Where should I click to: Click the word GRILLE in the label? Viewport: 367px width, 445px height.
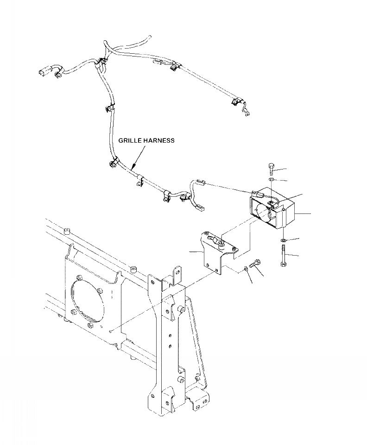130,140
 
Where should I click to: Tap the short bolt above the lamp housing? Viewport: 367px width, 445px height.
272,169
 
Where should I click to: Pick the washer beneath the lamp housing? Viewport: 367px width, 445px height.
283,240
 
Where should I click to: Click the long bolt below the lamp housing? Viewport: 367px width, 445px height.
283,255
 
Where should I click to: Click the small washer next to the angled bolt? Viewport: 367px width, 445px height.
245,269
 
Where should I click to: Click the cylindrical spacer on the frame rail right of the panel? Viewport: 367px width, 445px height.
133,269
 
